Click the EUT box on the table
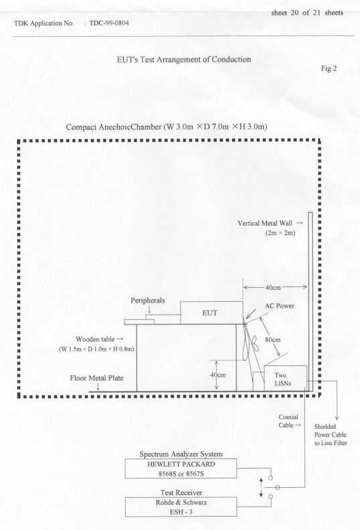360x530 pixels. pyautogui.click(x=211, y=313)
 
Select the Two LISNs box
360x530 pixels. pyautogui.click(x=285, y=379)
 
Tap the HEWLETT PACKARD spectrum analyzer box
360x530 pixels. pyautogui.click(x=181, y=468)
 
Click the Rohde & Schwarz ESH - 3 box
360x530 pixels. pyautogui.click(x=181, y=507)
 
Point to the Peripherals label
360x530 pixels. pyautogui.click(x=148, y=300)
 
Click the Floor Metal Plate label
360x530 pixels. pyautogui.click(x=96, y=378)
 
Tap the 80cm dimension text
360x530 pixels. pyautogui.click(x=272, y=339)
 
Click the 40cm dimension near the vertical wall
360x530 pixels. pyautogui.click(x=272, y=287)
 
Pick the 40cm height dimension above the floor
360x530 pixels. pyautogui.click(x=217, y=375)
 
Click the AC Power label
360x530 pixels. pyautogui.click(x=279, y=306)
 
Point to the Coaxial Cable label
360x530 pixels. pyautogui.click(x=288, y=421)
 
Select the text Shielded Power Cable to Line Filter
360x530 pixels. pyautogui.click(x=331, y=435)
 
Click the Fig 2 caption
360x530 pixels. pyautogui.click(x=329, y=69)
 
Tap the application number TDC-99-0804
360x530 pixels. pyautogui.click(x=109, y=23)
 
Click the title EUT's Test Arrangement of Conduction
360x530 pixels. pyautogui.click(x=184, y=60)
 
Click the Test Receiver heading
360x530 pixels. pyautogui.click(x=181, y=493)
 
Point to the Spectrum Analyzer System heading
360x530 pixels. pyautogui.click(x=181, y=454)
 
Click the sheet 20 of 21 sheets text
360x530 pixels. pyautogui.click(x=307, y=13)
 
